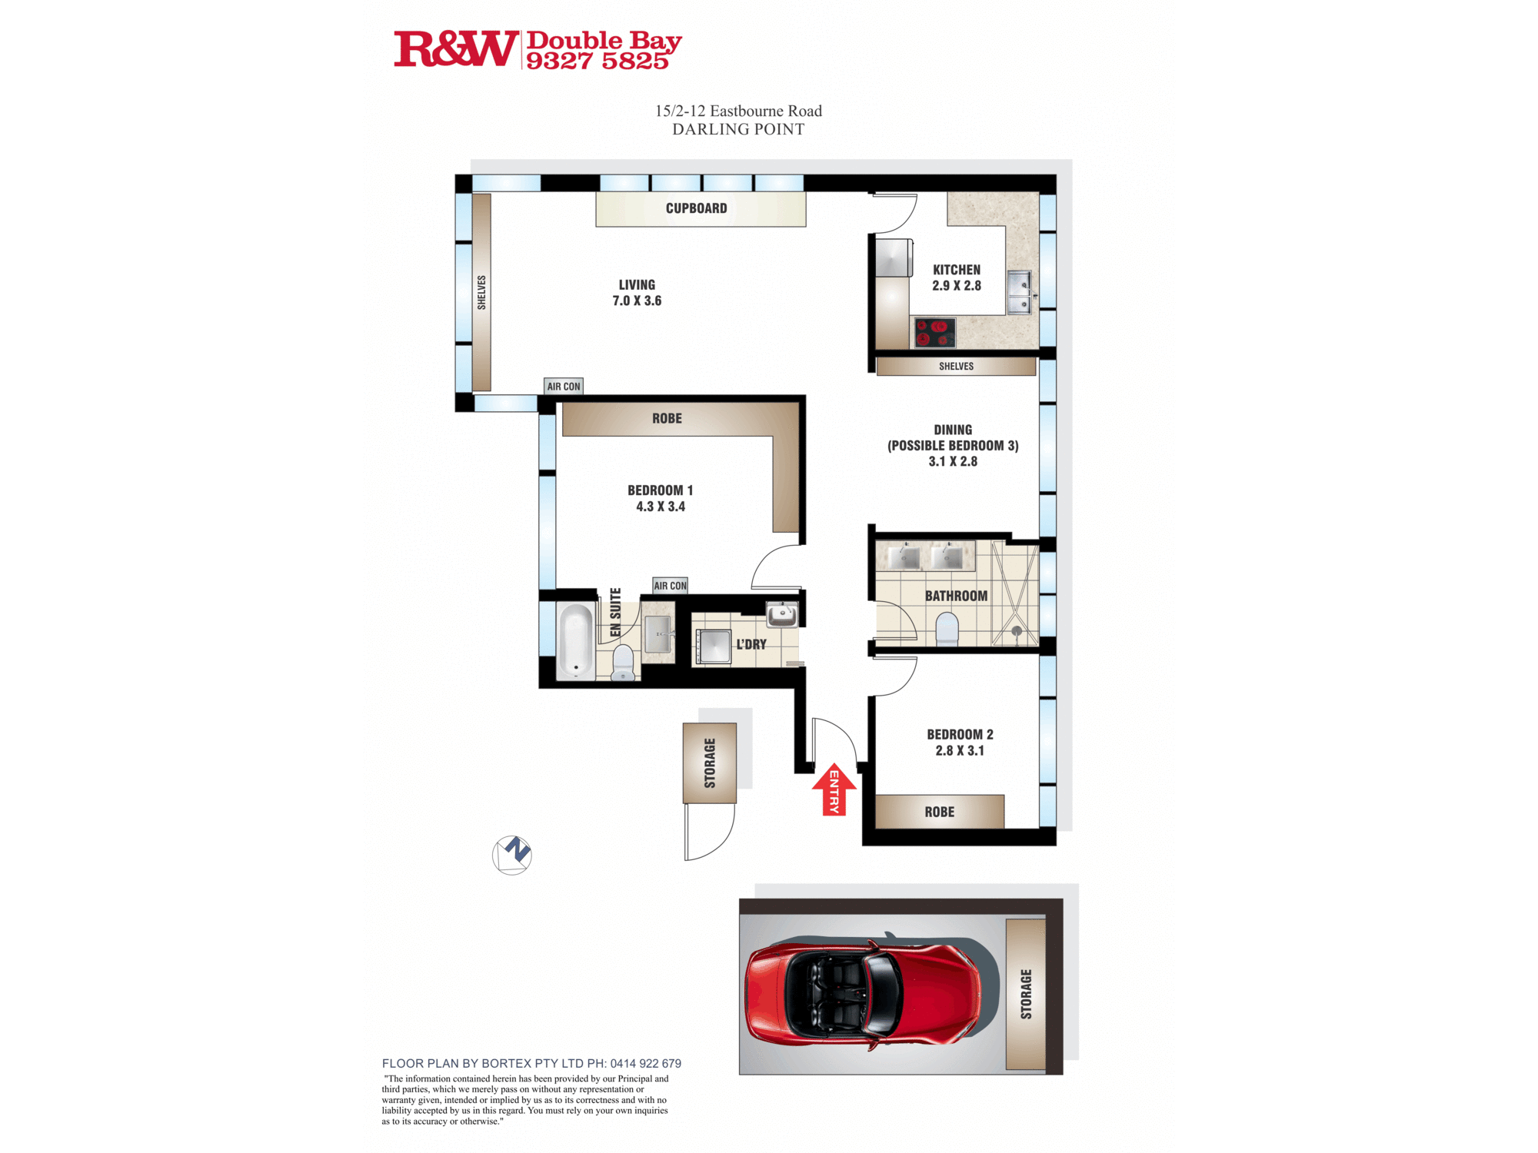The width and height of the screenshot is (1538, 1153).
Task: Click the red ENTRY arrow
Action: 834,789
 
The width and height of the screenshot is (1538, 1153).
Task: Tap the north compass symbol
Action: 512,855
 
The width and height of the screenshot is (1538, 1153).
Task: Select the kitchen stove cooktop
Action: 934,333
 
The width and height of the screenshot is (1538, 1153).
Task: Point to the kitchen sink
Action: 1020,292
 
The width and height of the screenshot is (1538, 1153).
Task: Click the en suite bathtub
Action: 575,641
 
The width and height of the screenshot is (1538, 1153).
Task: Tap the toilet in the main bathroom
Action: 947,629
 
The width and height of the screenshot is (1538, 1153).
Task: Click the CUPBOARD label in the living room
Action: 696,208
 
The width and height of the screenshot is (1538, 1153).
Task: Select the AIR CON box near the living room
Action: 564,387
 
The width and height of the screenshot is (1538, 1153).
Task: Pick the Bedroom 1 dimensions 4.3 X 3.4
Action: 661,507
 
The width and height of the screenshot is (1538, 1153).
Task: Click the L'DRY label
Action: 751,644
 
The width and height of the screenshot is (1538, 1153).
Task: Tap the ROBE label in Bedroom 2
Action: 939,812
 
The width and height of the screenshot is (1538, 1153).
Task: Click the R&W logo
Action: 455,49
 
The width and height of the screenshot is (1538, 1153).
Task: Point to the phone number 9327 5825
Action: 598,61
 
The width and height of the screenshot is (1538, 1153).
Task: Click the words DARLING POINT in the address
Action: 738,129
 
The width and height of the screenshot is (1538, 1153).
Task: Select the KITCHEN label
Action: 957,270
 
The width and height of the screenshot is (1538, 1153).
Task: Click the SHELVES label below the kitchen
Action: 956,367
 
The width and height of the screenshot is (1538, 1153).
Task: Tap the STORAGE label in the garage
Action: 1026,994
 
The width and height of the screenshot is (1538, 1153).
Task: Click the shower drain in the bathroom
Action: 1017,631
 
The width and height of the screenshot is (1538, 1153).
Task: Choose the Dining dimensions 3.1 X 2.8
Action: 953,461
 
